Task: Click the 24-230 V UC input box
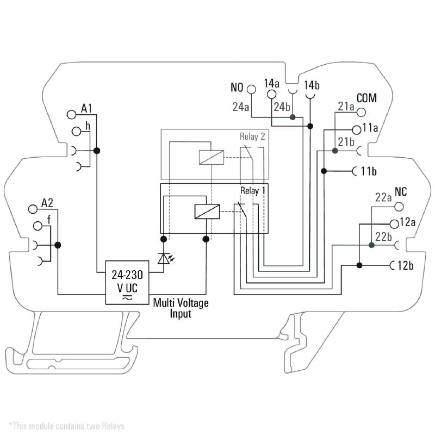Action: (x=128, y=281)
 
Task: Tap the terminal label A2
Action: (x=48, y=204)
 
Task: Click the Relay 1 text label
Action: (x=253, y=191)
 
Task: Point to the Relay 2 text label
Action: (x=252, y=136)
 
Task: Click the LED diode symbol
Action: (x=163, y=258)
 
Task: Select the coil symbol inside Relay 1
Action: (x=207, y=211)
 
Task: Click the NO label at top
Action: (x=237, y=88)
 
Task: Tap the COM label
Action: (x=366, y=98)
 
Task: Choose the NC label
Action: (x=401, y=192)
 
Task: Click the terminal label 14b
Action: (x=312, y=85)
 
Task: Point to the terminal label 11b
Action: (x=369, y=171)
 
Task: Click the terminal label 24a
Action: (x=241, y=107)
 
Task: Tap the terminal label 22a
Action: (x=383, y=198)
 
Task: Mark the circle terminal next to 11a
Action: (x=357, y=129)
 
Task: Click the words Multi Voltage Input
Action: (x=181, y=308)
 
